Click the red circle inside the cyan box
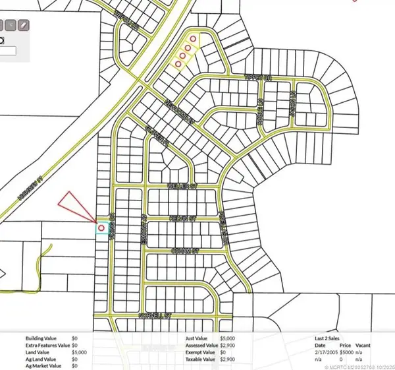point(101,228)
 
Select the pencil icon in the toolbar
point(24,26)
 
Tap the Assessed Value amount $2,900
point(228,345)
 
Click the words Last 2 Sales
point(330,338)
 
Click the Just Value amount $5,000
point(228,338)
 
